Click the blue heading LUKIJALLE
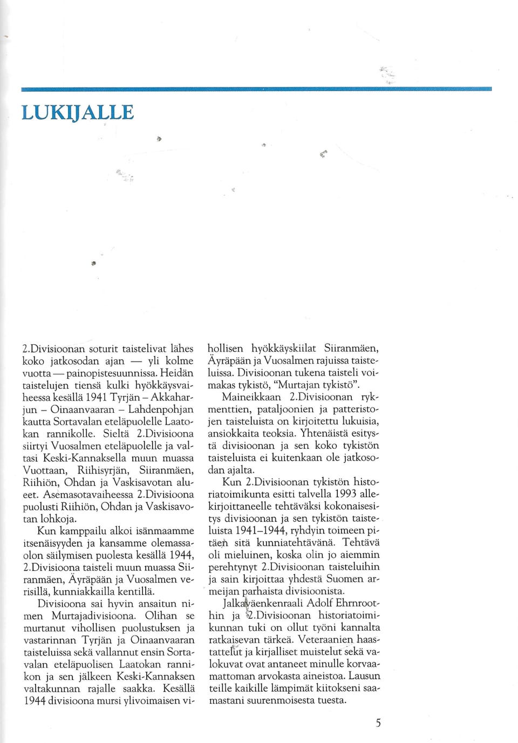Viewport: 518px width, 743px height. [78, 112]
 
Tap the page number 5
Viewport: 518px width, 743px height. [378, 723]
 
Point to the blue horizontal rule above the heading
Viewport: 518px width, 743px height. [256, 88]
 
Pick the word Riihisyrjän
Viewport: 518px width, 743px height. [105, 470]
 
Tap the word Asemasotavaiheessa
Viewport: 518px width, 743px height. [89, 494]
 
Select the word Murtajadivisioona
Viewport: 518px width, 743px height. [93, 616]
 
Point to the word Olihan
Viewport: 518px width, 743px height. [161, 616]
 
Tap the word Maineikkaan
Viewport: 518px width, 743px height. [251, 397]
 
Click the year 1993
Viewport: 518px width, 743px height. [345, 494]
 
